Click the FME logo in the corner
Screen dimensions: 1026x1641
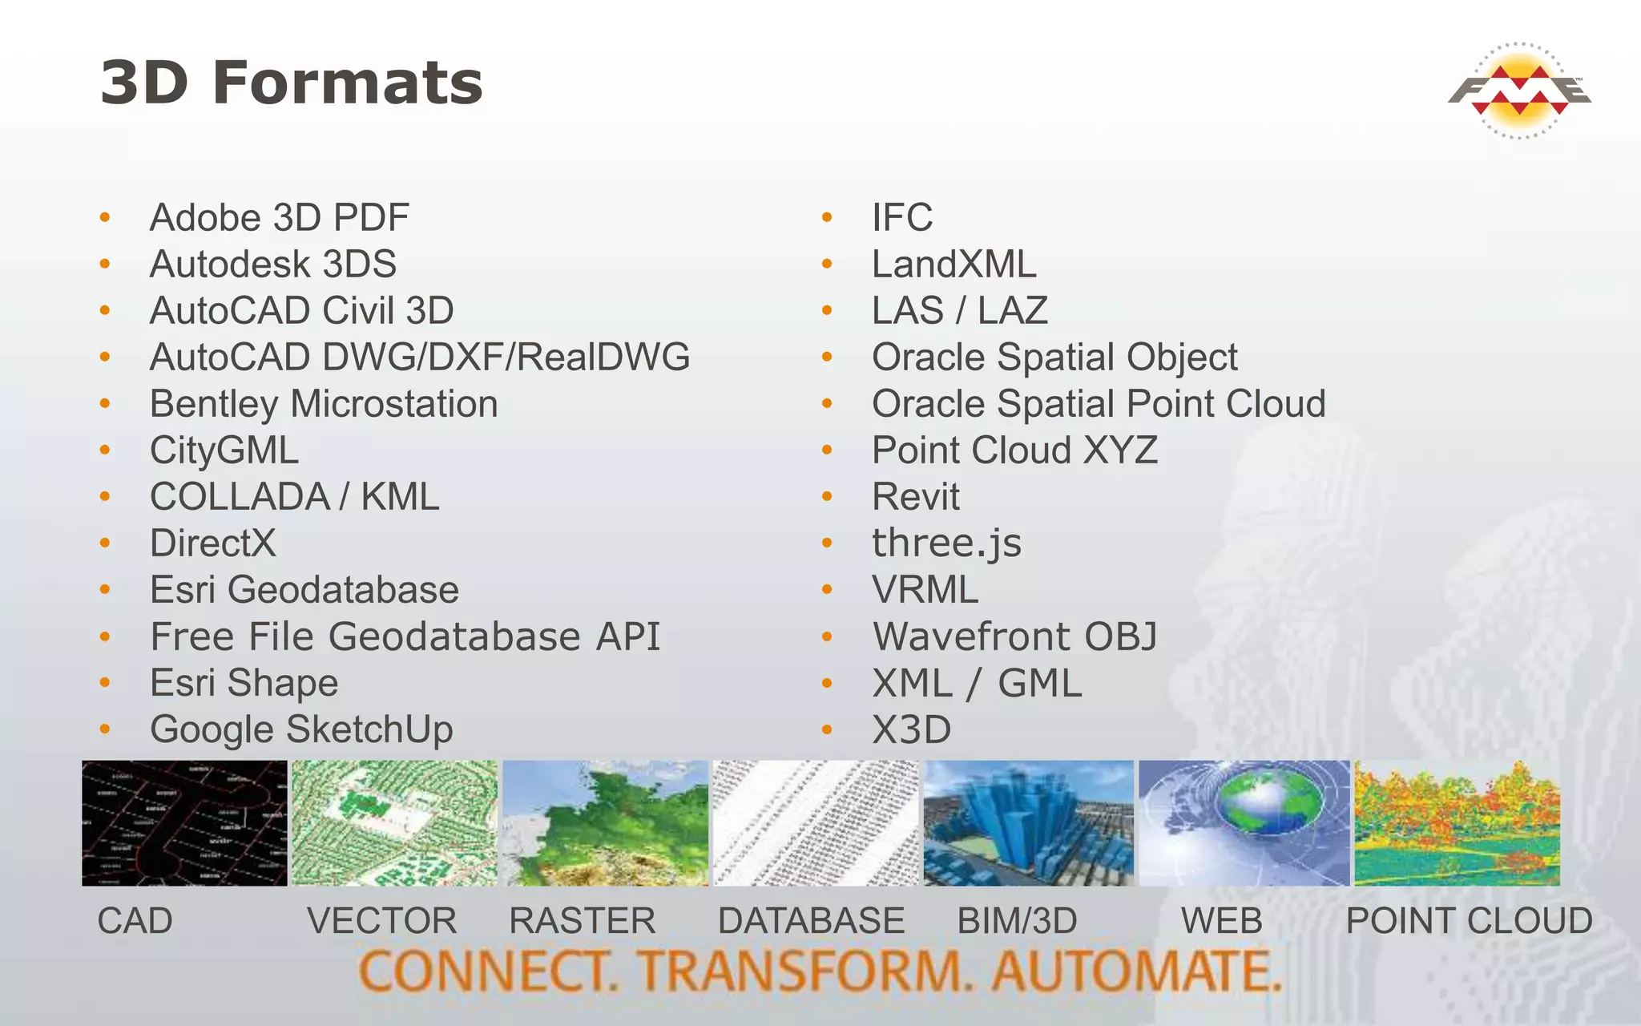coord(1519,91)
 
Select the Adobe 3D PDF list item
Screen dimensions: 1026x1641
coord(279,217)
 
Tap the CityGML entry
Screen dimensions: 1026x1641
coord(224,450)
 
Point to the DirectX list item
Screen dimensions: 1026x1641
coord(212,543)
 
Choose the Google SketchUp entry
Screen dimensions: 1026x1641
coord(301,729)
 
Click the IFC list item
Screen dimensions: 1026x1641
coord(902,217)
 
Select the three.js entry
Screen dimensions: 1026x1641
coord(946,543)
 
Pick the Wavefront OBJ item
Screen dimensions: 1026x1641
coord(1014,636)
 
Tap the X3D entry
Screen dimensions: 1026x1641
coord(911,729)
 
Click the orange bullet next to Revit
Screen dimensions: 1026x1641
coord(827,497)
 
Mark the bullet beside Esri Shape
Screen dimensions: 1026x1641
coord(105,683)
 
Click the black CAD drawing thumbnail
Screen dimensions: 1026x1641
coord(184,823)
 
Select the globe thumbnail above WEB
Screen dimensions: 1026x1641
coord(1244,823)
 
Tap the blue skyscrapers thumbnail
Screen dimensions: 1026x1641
coord(1028,823)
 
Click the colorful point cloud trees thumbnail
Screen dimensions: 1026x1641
coord(1457,823)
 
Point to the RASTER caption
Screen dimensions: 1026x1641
coord(583,920)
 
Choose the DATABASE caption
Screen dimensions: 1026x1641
coord(811,920)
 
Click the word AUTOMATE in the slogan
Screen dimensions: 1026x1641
coord(1136,971)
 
